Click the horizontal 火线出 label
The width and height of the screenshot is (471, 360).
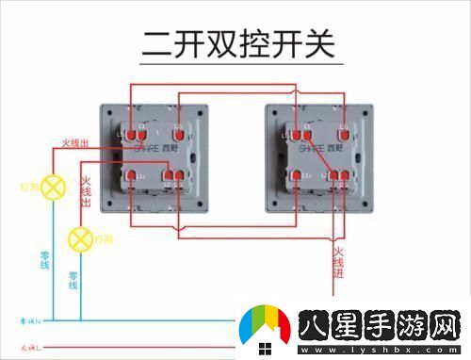point(75,142)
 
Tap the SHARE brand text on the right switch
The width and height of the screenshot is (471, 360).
point(317,148)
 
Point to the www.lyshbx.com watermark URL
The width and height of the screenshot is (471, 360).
point(377,352)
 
